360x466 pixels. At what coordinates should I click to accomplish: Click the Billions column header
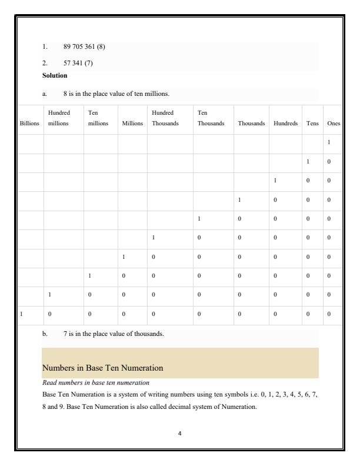pyautogui.click(x=30, y=124)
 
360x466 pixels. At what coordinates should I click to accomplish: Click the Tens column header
pyautogui.click(x=312, y=124)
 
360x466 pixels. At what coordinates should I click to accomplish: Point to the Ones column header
pyautogui.click(x=334, y=124)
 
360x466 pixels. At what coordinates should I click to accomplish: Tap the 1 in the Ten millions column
pyautogui.click(x=89, y=276)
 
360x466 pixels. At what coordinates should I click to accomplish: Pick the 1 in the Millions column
pyautogui.click(x=124, y=257)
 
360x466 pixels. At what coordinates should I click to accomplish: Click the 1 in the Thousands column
pyautogui.click(x=239, y=200)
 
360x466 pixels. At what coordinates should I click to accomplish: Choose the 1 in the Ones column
pyautogui.click(x=329, y=143)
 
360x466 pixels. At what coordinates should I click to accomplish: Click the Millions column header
pyautogui.click(x=132, y=124)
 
